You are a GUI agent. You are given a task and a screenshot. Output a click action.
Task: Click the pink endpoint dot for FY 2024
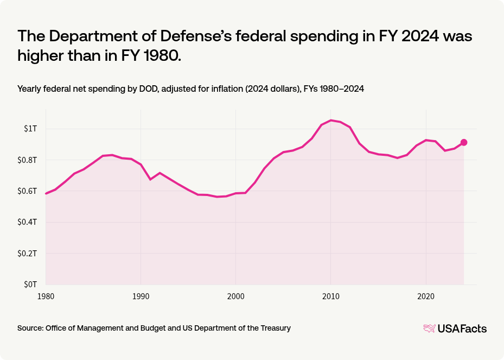464,142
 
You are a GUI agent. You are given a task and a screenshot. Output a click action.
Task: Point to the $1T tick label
30,129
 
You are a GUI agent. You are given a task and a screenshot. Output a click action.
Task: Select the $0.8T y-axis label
28,160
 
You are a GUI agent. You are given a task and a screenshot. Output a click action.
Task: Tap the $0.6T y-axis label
28,191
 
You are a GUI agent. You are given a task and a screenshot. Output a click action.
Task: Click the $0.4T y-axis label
28,222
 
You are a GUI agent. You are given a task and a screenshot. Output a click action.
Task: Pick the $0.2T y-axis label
28,254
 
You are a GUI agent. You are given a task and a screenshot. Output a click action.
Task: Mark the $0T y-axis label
30,284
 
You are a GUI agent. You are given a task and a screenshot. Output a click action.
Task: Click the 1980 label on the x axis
46,296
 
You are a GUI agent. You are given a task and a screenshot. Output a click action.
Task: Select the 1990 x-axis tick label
141,296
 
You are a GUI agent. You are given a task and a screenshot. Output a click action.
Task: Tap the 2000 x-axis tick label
235,296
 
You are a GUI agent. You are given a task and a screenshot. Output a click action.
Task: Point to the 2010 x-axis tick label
331,296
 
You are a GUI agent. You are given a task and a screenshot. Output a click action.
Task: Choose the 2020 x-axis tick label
426,296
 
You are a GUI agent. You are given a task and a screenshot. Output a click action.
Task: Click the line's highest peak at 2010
331,120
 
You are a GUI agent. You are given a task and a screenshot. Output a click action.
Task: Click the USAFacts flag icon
429,328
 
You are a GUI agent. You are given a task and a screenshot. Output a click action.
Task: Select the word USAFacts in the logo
462,328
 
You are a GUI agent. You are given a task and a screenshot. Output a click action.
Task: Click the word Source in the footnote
30,328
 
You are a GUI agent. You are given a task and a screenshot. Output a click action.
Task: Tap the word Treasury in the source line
275,328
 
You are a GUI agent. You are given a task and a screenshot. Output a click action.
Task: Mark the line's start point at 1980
46,193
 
